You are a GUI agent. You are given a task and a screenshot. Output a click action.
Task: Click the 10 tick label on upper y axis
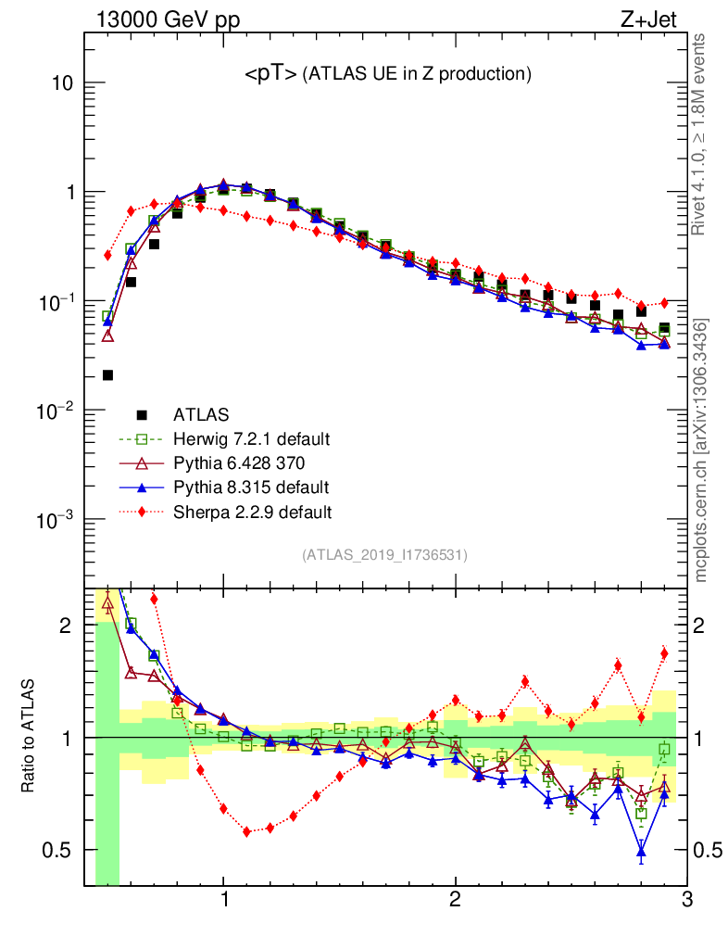61,83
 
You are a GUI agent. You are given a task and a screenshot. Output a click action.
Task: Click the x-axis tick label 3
685,900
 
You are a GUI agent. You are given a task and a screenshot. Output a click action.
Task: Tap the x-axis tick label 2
455,900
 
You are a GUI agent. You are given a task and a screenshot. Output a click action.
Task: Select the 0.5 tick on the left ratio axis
56,850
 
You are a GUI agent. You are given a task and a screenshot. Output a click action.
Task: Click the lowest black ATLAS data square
107,375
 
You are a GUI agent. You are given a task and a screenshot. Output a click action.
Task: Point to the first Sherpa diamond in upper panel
107,255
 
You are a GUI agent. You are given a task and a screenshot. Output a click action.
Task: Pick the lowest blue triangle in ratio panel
641,851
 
